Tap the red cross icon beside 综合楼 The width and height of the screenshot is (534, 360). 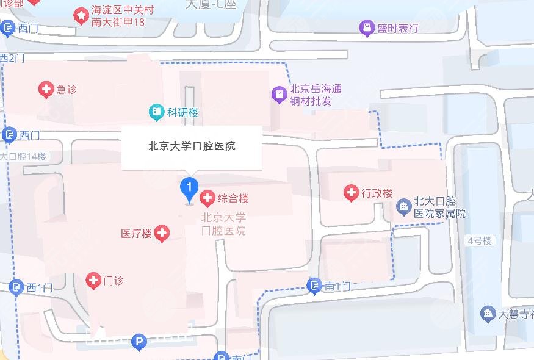(207, 198)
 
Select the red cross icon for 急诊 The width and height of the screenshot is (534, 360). (46, 90)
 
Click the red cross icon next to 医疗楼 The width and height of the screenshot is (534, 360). (162, 232)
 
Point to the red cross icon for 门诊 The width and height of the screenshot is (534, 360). (93, 281)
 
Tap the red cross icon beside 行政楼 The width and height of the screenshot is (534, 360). (351, 193)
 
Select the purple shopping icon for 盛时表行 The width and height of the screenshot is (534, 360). (366, 27)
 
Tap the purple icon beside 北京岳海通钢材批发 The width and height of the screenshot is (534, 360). (279, 95)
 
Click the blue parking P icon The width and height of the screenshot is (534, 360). (140, 343)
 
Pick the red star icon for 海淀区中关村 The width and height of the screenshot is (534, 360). (81, 15)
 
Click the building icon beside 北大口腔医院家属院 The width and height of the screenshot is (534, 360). (403, 206)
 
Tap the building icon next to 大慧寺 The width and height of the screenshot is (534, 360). (487, 314)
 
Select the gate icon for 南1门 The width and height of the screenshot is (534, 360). (314, 285)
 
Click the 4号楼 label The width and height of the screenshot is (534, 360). (479, 241)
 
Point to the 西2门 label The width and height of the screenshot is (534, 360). (12, 59)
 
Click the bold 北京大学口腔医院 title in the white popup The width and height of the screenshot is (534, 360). (192, 146)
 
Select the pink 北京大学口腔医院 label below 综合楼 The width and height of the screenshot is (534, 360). (223, 224)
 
